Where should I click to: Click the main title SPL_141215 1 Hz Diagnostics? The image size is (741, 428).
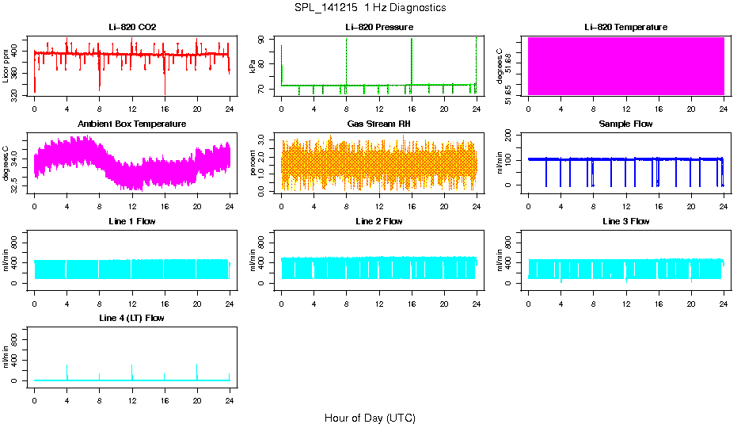tap(370, 8)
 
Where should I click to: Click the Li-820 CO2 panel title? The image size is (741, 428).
tap(132, 27)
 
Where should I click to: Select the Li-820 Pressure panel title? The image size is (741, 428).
tap(379, 27)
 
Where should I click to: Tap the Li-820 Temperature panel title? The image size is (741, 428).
tap(625, 27)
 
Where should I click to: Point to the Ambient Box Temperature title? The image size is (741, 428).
tap(132, 124)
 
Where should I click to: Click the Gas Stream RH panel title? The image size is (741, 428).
tap(379, 124)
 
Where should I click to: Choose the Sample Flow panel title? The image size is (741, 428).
tap(625, 124)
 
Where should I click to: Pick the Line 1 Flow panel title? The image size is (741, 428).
tap(132, 221)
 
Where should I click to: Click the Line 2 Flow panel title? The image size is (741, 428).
tap(379, 221)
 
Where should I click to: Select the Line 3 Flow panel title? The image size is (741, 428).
tap(625, 221)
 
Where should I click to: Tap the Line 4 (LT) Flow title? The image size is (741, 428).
tap(132, 318)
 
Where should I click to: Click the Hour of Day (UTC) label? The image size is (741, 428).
tap(370, 418)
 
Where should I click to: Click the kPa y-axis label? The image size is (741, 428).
tap(253, 67)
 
